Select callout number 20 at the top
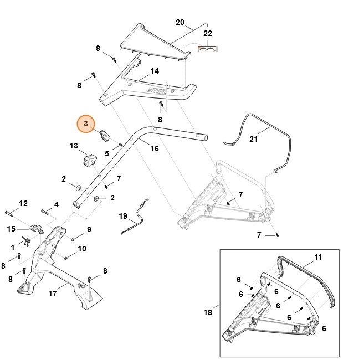(x=180, y=22)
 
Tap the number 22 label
(x=208, y=34)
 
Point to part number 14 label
(x=155, y=71)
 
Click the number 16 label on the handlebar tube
(x=155, y=148)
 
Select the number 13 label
(x=74, y=146)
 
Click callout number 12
(x=23, y=204)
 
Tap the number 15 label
(x=11, y=228)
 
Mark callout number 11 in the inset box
(x=317, y=257)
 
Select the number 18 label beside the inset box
(x=208, y=312)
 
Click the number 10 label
(x=81, y=249)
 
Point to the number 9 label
(x=89, y=229)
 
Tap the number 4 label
(x=56, y=205)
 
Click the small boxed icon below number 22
(x=207, y=49)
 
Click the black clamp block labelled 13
(x=89, y=159)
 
